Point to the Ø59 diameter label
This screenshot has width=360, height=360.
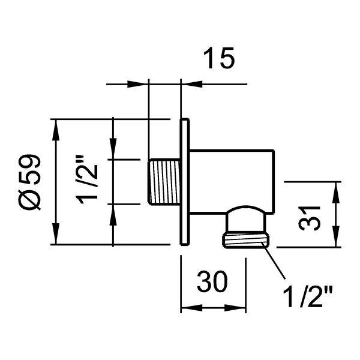click(x=29, y=181)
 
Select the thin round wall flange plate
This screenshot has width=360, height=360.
click(x=185, y=181)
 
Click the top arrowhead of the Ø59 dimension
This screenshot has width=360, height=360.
click(x=57, y=125)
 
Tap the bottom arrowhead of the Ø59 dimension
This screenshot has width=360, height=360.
click(x=57, y=239)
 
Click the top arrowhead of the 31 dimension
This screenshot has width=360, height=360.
click(x=335, y=187)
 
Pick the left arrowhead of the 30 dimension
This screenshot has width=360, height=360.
click(x=187, y=308)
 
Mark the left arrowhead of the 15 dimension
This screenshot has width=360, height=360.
click(x=142, y=83)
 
